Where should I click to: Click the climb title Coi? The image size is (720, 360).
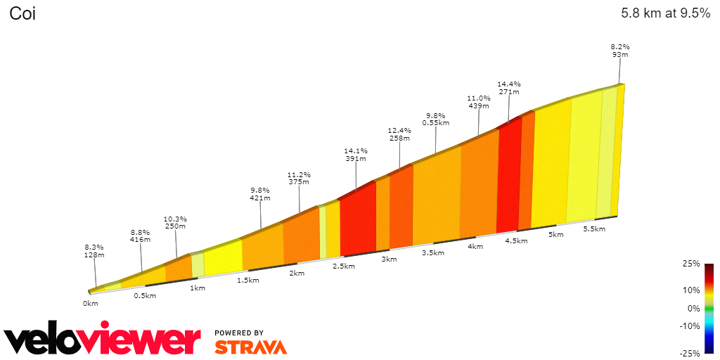pos(22,13)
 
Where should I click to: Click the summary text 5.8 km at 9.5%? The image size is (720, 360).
pos(665,13)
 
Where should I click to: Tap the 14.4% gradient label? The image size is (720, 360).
pos(508,87)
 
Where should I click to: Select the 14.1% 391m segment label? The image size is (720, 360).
pos(355,154)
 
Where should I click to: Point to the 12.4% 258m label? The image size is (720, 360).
pos(399,134)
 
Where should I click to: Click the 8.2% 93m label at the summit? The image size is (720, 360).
pos(619,51)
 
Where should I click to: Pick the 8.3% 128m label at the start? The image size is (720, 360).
pos(94,251)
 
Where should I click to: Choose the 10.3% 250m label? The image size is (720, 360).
pos(175,222)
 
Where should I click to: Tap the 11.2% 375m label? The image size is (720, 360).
pos(299,178)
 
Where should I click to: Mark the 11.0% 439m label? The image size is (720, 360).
pos(478,102)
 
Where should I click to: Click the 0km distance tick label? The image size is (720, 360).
pos(90,303)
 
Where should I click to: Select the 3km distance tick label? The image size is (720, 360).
pos(389,259)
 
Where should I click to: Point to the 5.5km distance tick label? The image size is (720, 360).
pos(595,229)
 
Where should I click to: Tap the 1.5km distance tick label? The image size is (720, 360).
pos(248,280)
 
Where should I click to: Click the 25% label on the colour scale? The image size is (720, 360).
pos(690,264)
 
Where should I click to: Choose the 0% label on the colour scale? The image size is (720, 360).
pos(693,308)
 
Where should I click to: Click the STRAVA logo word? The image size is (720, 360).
pos(250,347)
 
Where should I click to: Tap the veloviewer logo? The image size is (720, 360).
pos(102,340)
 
